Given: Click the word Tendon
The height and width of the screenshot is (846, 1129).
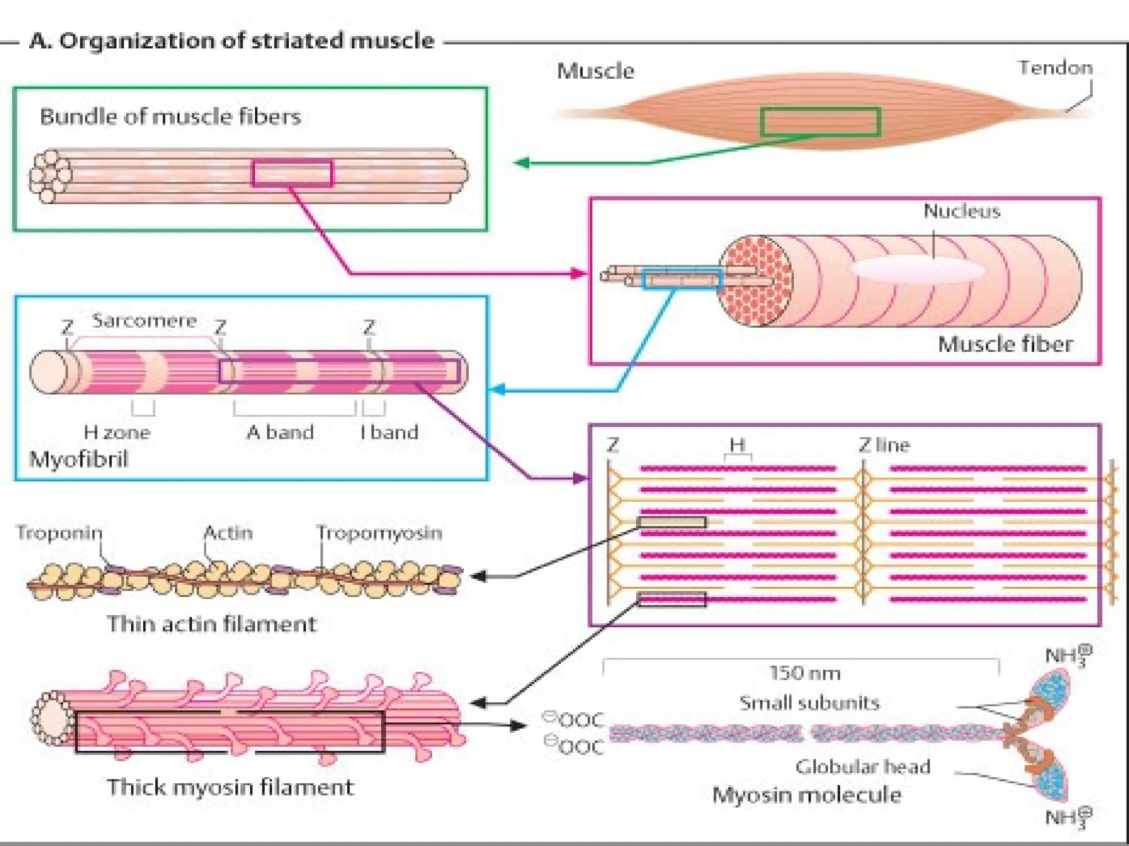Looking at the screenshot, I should pos(1055,68).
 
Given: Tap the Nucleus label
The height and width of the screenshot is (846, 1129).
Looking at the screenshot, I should pos(961,211).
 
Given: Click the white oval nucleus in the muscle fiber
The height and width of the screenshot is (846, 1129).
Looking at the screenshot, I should pos(918,270).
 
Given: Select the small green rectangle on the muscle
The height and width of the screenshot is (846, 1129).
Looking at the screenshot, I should pos(820,122).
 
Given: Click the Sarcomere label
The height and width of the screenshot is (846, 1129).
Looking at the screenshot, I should pos(144,321).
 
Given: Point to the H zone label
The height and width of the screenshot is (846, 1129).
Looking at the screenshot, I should pos(117,432).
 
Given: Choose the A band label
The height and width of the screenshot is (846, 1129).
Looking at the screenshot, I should pos(280,432).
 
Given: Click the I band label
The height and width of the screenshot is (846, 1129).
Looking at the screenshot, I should pos(389,432).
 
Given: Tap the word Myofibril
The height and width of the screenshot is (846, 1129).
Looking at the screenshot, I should pos(78,459).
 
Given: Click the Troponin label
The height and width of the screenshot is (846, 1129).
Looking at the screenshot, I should pos(59,533).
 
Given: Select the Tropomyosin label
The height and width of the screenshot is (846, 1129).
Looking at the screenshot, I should pos(379,533).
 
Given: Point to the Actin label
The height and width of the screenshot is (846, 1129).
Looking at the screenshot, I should pos(228,533).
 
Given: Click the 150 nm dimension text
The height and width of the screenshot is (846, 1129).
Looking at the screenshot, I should pos(804,673).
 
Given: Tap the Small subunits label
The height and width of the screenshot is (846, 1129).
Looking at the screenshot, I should pos(809,703).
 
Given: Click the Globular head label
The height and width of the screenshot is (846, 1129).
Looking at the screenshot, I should pos(863,767).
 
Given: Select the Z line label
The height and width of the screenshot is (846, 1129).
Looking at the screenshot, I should pos(884,445).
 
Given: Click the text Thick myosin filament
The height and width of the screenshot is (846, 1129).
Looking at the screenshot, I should pos(230,787).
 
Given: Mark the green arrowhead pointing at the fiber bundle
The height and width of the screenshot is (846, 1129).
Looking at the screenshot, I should pos(521,162).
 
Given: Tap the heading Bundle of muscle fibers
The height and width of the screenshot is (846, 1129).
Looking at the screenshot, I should pos(170,117).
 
